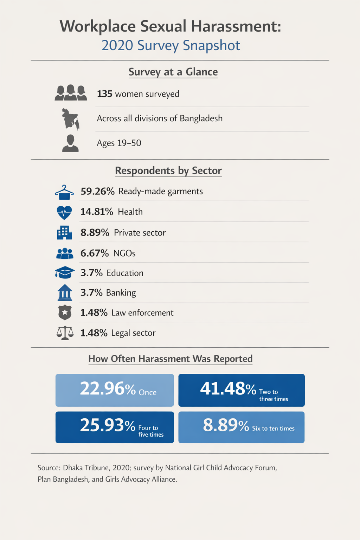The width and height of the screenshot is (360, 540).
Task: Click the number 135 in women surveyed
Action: pos(104,94)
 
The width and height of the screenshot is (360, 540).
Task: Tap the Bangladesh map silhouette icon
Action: pos(70,119)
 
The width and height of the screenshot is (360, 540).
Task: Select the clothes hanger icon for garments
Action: pos(64,192)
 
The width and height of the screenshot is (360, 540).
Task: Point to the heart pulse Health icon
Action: pos(64,212)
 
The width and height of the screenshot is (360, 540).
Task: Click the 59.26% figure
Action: pos(97,191)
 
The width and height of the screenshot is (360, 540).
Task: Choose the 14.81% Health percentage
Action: pos(97,212)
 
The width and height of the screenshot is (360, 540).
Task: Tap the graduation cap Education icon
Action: pos(65,273)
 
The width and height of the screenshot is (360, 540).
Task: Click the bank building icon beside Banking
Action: pos(65,292)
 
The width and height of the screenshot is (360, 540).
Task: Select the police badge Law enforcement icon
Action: pos(65,313)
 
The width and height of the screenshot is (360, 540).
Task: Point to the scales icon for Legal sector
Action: pos(65,333)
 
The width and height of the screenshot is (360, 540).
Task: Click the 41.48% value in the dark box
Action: pos(228,389)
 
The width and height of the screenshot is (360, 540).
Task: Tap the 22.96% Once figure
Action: pos(108,389)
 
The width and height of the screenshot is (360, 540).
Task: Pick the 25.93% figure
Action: pos(108,425)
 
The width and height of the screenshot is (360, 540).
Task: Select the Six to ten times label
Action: pos(273,429)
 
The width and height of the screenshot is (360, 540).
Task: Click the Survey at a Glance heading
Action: pos(173,72)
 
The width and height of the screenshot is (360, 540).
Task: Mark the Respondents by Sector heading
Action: pos(168,171)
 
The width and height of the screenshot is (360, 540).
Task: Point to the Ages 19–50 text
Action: pos(119,143)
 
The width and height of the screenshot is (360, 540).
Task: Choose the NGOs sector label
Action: pos(124,253)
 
